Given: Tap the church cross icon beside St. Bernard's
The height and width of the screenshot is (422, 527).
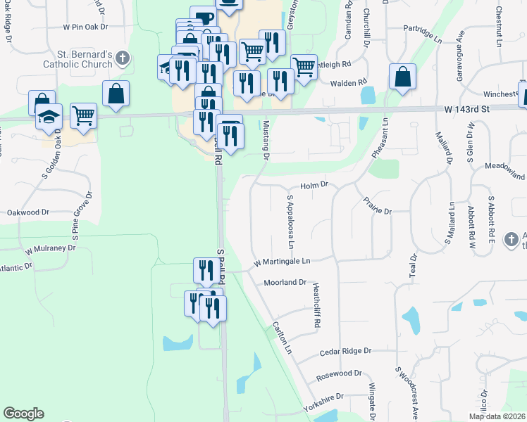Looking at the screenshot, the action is coord(123,58).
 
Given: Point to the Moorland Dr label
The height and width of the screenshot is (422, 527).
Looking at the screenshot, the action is coord(285,283).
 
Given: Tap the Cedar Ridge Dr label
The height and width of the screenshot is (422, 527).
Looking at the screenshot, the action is coord(345,351).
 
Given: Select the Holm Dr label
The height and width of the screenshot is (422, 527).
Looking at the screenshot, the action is coord(315,186).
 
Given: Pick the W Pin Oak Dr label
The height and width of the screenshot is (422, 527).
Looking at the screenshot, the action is coord(85,27).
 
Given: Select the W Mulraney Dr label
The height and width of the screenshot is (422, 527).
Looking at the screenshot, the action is coord(50,249).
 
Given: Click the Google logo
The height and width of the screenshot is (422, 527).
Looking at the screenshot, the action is coord(23,414).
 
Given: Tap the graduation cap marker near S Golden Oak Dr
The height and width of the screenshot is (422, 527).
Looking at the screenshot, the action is coord(49,116).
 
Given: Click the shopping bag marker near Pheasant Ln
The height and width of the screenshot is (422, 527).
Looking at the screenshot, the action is coord(402,77).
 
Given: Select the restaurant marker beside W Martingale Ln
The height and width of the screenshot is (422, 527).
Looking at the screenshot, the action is coord(203,270).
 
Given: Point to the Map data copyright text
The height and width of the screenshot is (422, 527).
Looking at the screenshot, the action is coord(497,416).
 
